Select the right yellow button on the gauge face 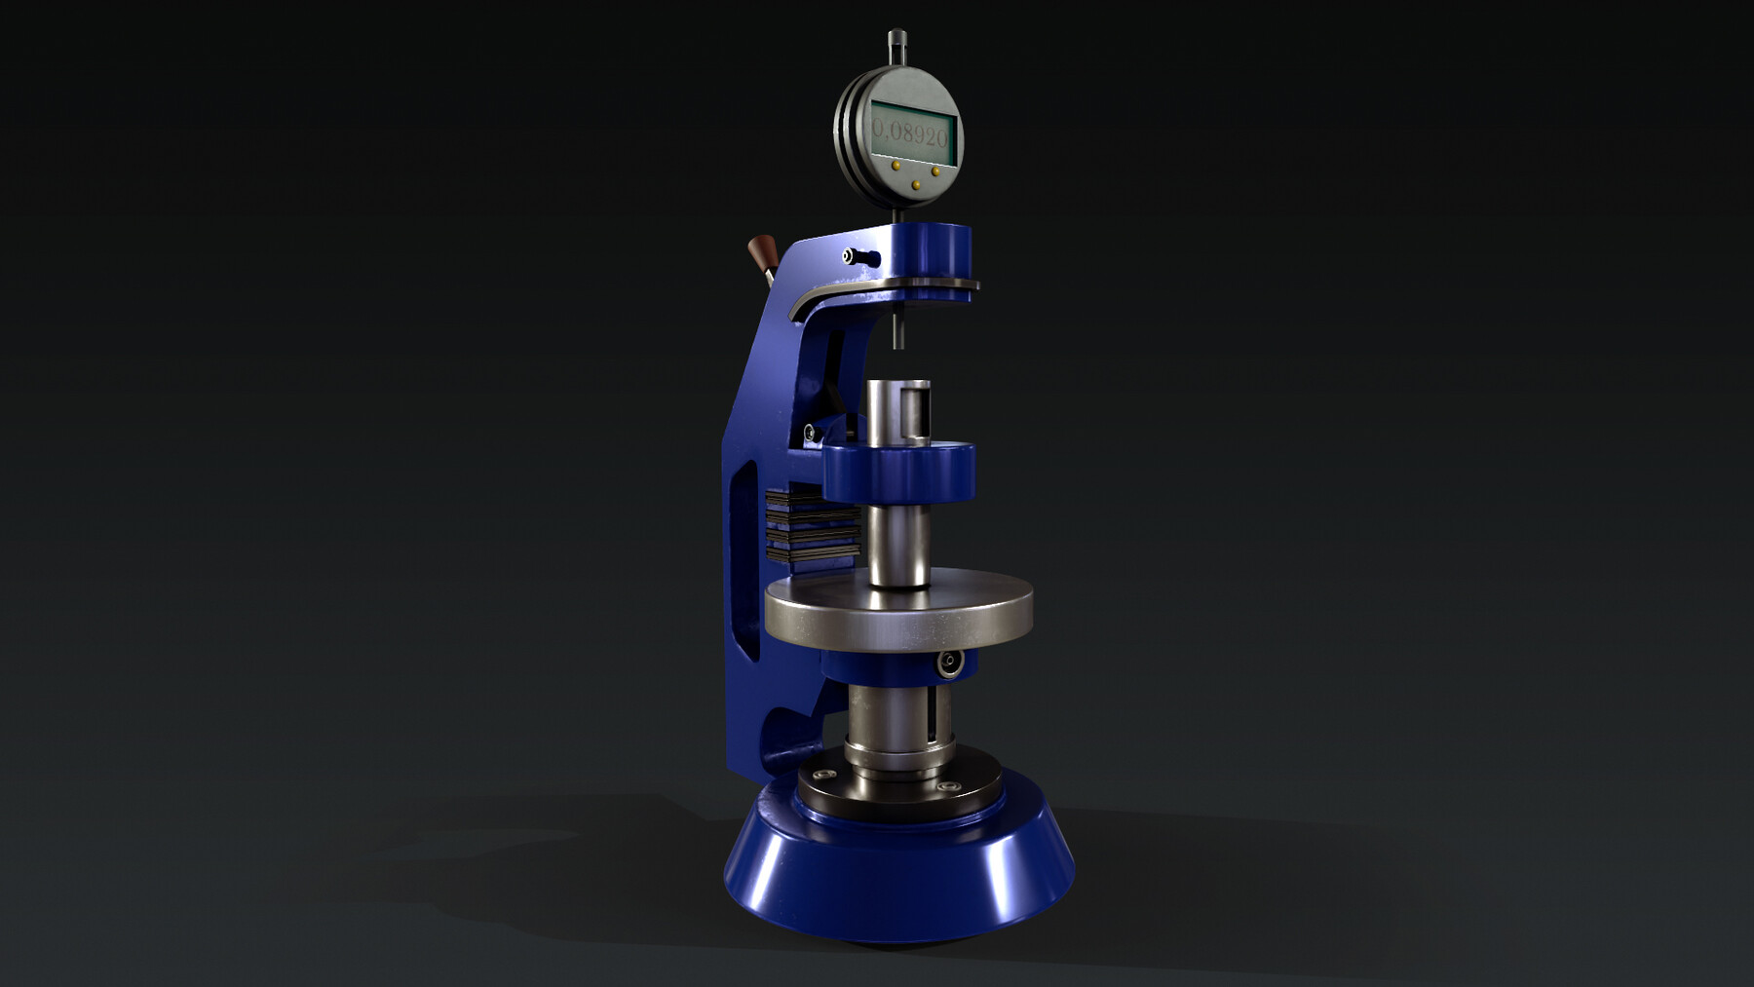(935, 171)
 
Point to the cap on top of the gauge (896, 41)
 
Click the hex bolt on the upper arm (852, 256)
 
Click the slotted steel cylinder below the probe (898, 409)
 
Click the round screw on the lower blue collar (945, 664)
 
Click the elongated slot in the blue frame (748, 555)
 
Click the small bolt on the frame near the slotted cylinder (809, 433)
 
